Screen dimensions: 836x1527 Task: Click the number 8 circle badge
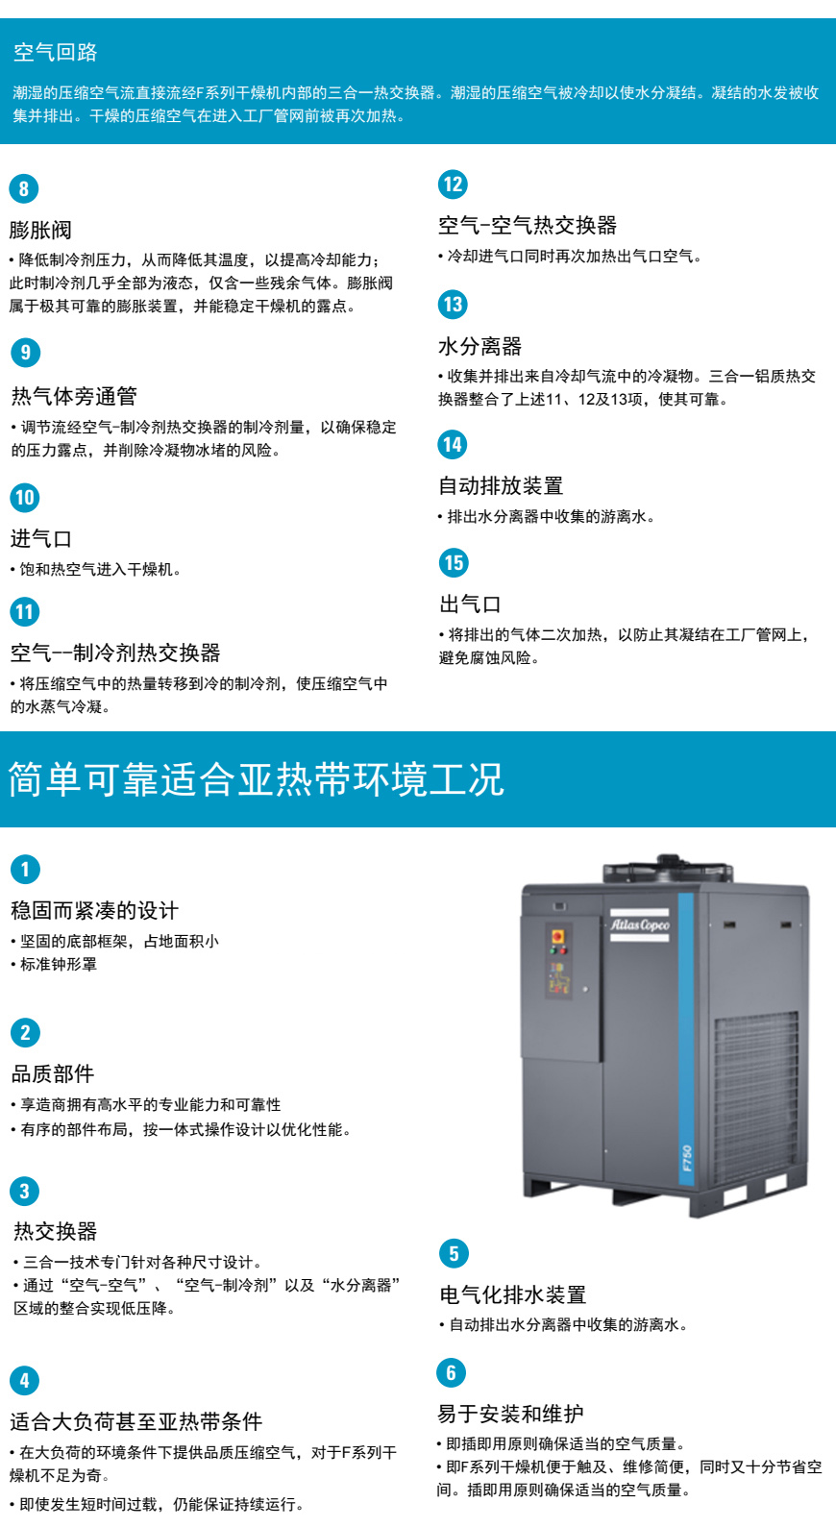click(x=24, y=188)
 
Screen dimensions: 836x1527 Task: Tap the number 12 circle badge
click(x=453, y=185)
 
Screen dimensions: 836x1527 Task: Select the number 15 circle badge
click(x=454, y=562)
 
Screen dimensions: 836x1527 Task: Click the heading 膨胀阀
click(x=40, y=230)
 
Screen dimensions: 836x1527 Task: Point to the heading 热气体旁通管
click(x=74, y=395)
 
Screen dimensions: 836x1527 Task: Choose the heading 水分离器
click(x=480, y=346)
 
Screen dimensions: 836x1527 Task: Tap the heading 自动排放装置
click(x=501, y=485)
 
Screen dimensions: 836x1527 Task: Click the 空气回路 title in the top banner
click(x=55, y=52)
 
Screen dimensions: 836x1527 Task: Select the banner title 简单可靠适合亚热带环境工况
click(x=256, y=779)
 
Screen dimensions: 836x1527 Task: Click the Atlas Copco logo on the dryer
click(x=639, y=925)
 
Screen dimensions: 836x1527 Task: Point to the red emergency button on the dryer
click(x=557, y=936)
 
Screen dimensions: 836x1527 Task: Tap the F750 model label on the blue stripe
click(x=687, y=1157)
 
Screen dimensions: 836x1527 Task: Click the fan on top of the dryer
click(x=668, y=868)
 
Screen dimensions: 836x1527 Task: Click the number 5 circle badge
click(x=455, y=1253)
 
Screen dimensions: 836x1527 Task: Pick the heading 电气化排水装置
click(x=513, y=1294)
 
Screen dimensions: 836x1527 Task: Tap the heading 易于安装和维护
click(x=510, y=1414)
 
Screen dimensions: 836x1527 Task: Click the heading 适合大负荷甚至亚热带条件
click(x=135, y=1420)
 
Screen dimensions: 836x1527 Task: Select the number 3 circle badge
click(x=25, y=1191)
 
